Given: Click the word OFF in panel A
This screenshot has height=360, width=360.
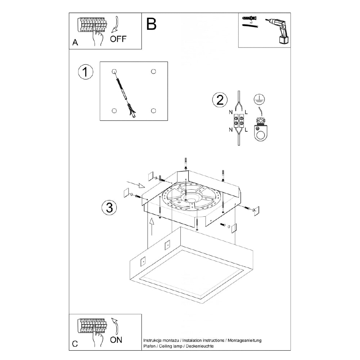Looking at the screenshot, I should (118, 39).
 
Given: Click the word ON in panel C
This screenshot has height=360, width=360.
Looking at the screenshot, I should (116, 339).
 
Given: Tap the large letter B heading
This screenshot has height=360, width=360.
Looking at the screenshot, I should (152, 24).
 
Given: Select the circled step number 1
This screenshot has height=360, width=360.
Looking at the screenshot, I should (85, 72).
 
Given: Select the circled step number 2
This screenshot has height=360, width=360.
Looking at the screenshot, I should (220, 100).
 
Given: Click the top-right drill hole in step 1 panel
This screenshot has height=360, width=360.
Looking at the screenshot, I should (153, 71).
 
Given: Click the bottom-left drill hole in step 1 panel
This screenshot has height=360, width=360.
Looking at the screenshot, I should (114, 111).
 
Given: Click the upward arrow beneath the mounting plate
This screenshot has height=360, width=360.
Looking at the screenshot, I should (152, 225).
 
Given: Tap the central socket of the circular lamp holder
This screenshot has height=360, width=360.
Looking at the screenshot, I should (190, 199).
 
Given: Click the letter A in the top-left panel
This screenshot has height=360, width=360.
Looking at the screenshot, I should (75, 42).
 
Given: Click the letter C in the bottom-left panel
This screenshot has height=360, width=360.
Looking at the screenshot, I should (75, 343).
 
